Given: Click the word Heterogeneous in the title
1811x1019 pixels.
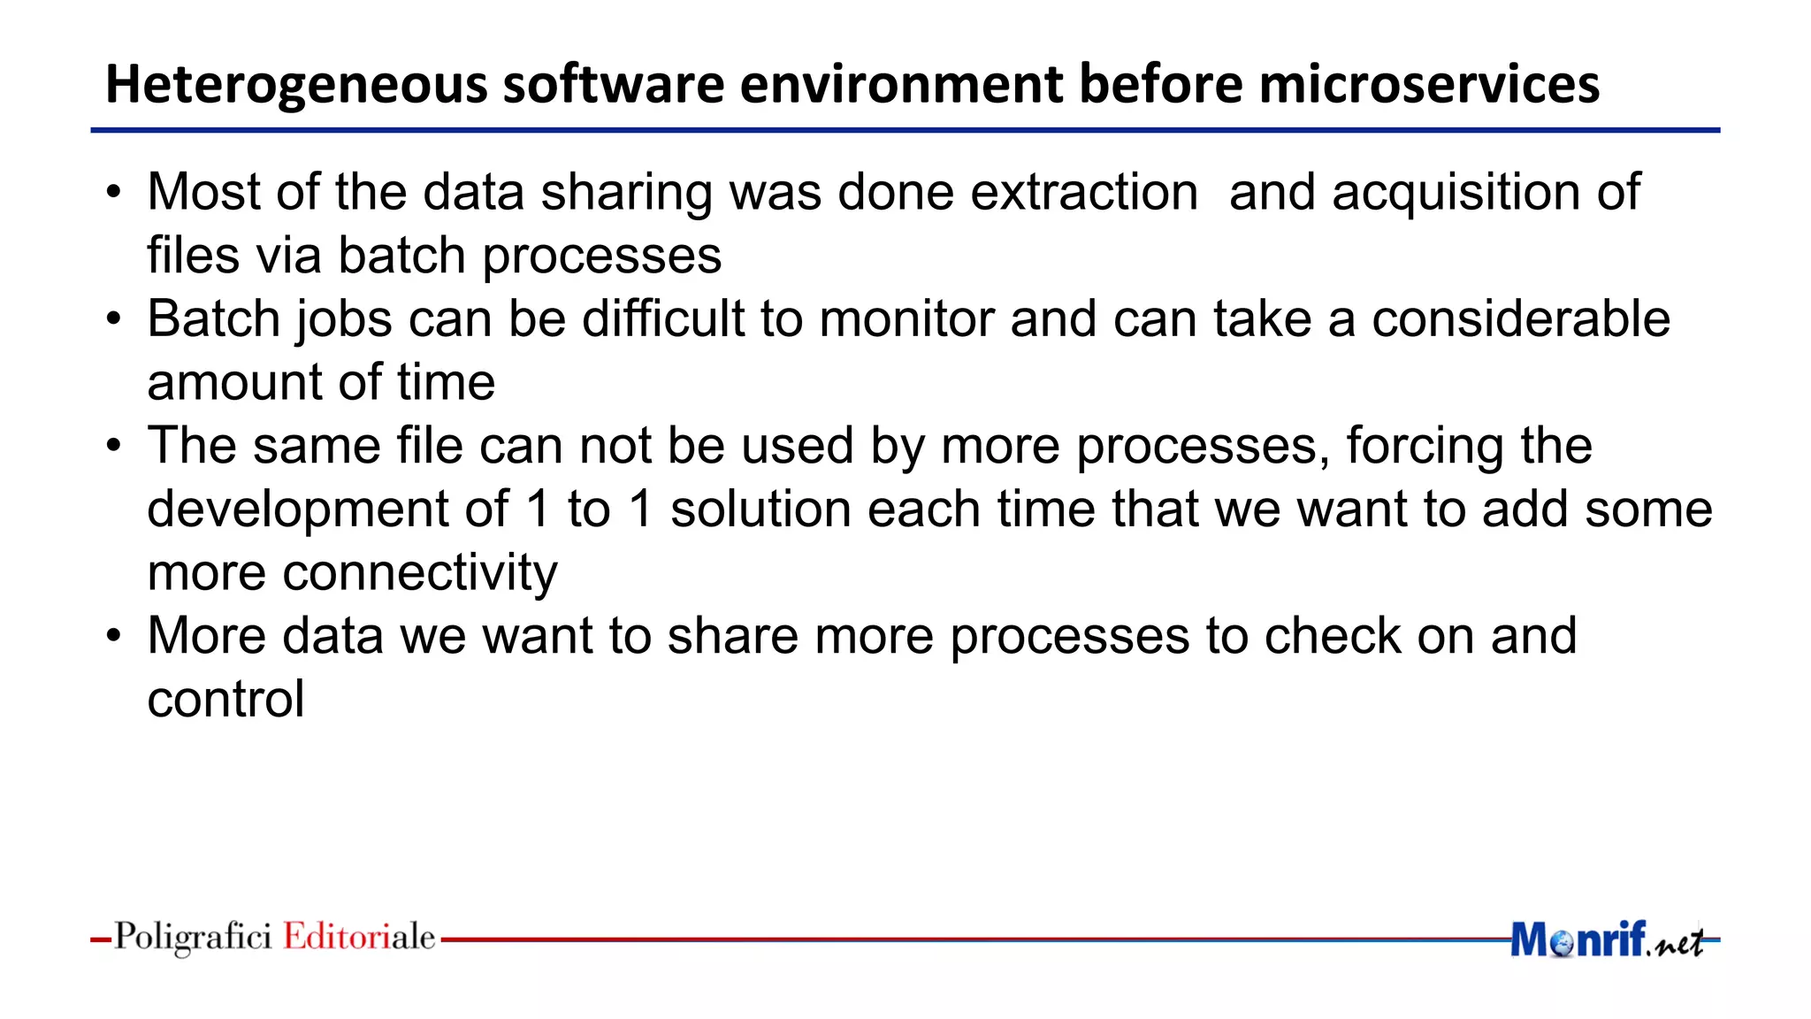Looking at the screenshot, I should (296, 86).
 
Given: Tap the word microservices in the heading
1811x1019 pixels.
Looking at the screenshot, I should (1429, 84).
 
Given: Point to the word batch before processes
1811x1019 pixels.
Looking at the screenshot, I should (402, 256).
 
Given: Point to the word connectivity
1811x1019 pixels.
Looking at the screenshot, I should (420, 573).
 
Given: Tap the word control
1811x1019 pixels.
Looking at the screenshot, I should (225, 700).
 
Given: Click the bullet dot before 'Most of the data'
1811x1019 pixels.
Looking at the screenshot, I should (113, 193).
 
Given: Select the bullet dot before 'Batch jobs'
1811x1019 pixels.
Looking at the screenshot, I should (113, 319).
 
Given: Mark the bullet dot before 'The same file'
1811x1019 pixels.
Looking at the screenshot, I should (113, 447).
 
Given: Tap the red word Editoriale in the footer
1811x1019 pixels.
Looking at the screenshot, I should (359, 937).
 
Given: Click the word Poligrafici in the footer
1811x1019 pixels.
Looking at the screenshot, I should (193, 937).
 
